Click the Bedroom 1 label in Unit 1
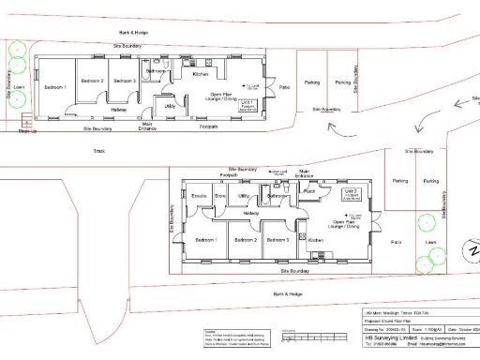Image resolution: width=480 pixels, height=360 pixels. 57,81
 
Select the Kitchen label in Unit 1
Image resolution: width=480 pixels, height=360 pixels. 201,74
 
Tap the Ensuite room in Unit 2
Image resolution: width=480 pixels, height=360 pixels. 198,196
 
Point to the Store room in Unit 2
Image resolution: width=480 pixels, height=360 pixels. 221,196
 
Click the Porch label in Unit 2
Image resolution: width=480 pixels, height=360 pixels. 308,192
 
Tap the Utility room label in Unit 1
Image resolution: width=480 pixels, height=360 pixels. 171,106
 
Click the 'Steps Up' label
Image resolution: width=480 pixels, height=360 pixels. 28,130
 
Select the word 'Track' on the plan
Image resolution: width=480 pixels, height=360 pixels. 99,150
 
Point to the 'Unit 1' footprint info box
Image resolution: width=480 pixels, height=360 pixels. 248,106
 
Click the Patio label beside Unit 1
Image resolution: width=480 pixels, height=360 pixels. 284,89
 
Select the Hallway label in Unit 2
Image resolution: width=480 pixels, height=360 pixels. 251,213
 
